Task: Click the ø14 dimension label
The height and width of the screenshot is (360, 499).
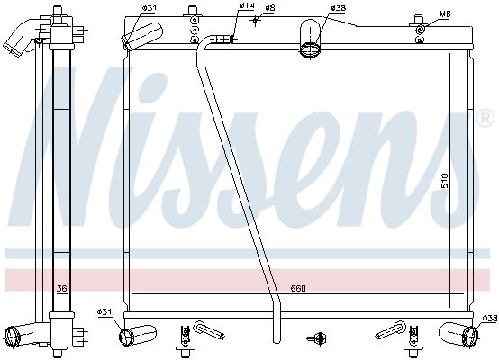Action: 247,5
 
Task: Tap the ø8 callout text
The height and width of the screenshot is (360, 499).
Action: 270,8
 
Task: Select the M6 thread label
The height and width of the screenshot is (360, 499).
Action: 446,14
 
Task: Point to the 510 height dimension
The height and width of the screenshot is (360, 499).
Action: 445,181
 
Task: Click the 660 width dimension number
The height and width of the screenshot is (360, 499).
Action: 298,288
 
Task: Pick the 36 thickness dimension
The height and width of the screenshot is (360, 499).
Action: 62,288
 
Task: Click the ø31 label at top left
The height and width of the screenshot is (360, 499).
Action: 149,8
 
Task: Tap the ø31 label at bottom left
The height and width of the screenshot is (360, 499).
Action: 104,312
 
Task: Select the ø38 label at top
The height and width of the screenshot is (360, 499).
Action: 338,8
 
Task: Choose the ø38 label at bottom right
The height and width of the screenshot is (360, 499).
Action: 490,318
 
